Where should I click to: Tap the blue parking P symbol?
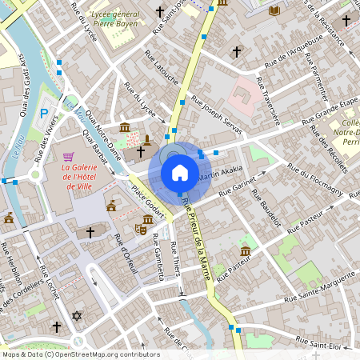click(x=45, y=114)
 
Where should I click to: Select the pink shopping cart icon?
click(x=69, y=156)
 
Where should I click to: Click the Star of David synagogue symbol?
click(x=77, y=316)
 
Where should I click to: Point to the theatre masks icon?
click(x=141, y=229)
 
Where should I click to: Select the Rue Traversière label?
click(x=268, y=102)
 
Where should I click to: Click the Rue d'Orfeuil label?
click(x=127, y=254)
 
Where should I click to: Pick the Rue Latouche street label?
click(x=160, y=68)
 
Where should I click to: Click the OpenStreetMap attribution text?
click(x=80, y=354)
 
